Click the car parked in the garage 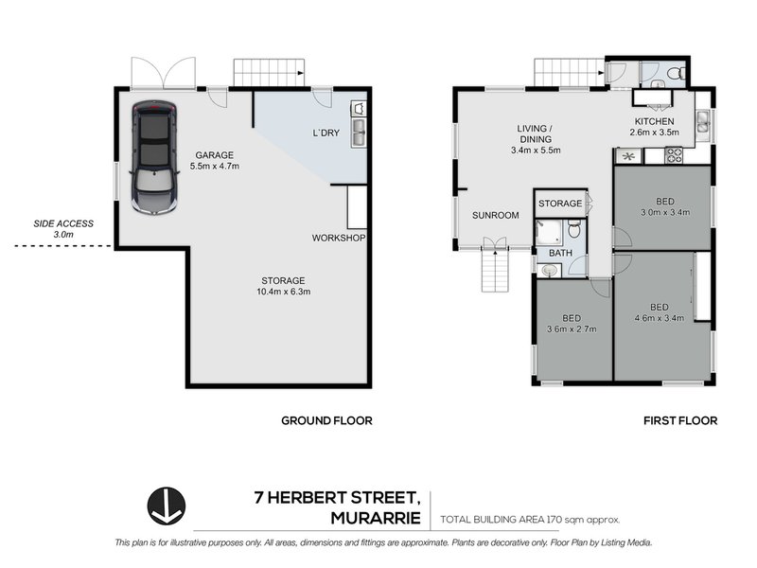[154, 156]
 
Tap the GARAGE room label [214, 154]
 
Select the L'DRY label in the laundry [325, 133]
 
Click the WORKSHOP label [339, 238]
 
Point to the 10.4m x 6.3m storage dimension [283, 292]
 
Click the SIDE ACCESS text [63, 223]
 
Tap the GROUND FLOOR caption [327, 420]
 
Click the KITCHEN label [654, 121]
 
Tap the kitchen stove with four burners [675, 155]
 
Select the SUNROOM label [496, 215]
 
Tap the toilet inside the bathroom [574, 229]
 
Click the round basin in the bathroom [550, 271]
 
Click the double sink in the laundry [359, 132]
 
